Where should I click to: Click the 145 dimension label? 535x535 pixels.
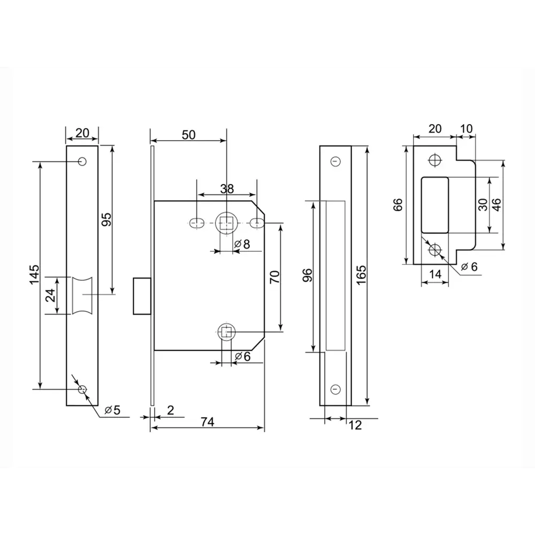point(34,275)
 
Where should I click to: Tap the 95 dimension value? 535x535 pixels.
point(106,219)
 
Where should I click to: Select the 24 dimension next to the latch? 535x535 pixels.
point(50,295)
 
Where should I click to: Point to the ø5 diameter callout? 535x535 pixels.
point(112,410)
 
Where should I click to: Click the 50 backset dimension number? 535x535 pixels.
point(188,135)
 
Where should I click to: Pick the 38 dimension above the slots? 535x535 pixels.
point(227,188)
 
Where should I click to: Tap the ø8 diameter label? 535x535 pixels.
point(242,244)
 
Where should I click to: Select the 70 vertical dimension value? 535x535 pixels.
point(275,277)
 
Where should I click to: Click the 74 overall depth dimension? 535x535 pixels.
point(208,422)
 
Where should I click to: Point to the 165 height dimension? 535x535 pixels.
point(361,275)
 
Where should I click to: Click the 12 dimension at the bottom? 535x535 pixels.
point(355,425)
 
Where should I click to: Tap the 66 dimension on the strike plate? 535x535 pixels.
point(398,205)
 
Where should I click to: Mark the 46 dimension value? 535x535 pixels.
point(496,205)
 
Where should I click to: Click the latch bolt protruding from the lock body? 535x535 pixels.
point(141,295)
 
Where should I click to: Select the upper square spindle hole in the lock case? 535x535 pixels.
point(226,222)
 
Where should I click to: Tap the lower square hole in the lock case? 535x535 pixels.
point(226,332)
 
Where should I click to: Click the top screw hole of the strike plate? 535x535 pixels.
point(434,160)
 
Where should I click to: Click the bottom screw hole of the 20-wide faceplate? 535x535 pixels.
point(82,389)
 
